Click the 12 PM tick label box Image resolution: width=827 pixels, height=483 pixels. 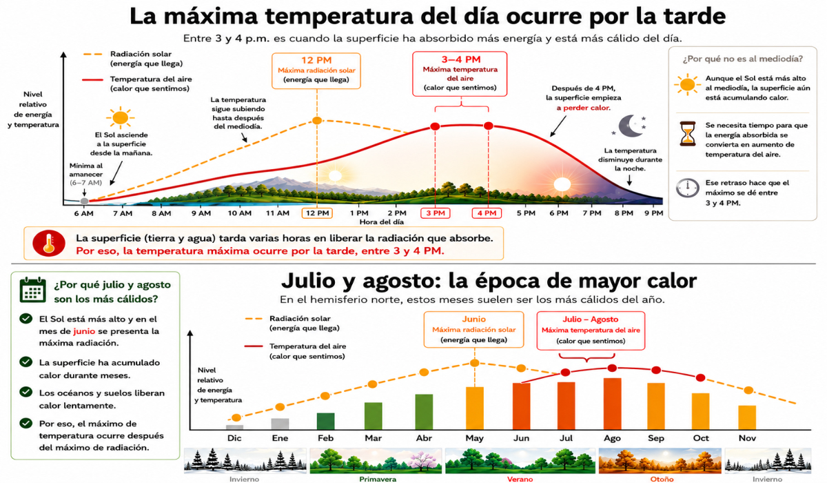[x=317, y=213]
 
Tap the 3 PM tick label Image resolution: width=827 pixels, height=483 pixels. [x=436, y=213]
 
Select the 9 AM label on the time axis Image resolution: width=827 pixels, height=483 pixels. [x=201, y=213]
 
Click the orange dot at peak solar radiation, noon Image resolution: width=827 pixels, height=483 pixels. [x=317, y=121]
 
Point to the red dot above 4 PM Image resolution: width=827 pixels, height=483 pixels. [x=489, y=126]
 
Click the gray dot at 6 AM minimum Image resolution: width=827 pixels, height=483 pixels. [x=85, y=201]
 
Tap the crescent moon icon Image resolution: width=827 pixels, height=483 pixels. [x=631, y=126]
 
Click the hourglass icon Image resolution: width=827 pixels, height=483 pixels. [x=688, y=134]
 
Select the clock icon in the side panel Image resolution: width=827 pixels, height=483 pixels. [x=688, y=188]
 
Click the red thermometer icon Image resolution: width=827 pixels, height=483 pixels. [x=49, y=243]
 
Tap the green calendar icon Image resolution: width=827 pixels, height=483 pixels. [x=33, y=290]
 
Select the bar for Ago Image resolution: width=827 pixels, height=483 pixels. [x=612, y=404]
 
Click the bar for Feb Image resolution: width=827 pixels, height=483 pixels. [x=325, y=422]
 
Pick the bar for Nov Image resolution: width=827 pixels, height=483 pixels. [x=747, y=417]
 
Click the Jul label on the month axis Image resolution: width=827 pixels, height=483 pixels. [x=566, y=438]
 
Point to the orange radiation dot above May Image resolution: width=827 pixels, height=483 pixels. [x=474, y=363]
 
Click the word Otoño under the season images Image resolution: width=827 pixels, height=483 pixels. [x=662, y=480]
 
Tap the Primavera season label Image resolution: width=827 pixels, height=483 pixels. [x=378, y=480]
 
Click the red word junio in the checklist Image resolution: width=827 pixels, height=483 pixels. [x=84, y=331]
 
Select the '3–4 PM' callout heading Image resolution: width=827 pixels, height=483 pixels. [x=461, y=59]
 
